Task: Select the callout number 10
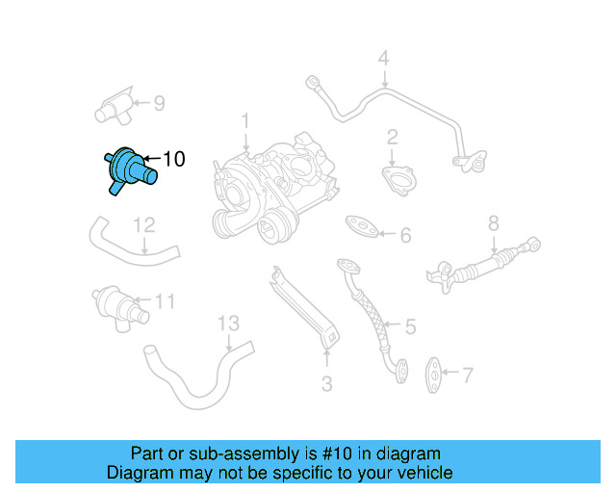click(173, 159)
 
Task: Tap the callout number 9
click(159, 102)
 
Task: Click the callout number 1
click(245, 121)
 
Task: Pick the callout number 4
click(383, 59)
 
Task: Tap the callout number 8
click(493, 224)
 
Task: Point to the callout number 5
click(409, 326)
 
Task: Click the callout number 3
click(326, 385)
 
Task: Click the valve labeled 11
click(115, 304)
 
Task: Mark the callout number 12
click(143, 225)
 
